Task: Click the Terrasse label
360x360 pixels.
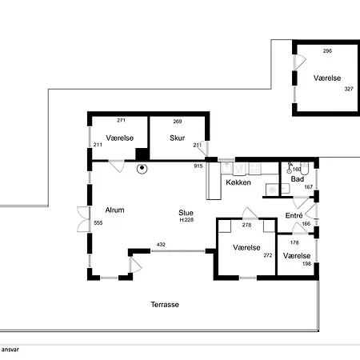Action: coord(165,305)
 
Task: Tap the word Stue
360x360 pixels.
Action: coord(186,213)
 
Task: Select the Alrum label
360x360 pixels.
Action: coord(114,210)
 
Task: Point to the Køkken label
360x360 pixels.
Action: coord(238,182)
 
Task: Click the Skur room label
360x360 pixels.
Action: coord(177,138)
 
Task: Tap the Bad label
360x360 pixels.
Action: coord(298,179)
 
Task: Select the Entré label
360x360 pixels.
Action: coord(294,215)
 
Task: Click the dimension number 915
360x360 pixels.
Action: coord(198,166)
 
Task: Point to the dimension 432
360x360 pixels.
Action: coord(161,244)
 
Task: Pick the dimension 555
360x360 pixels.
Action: coord(98,222)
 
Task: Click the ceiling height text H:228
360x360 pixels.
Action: coord(186,220)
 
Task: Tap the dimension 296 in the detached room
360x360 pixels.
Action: coord(327,51)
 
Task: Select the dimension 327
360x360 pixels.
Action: coord(349,89)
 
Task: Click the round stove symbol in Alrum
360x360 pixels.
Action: coord(142,168)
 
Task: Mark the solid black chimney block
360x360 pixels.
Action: coord(142,154)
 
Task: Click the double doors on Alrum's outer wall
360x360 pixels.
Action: coord(83,219)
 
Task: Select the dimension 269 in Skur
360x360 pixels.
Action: coord(178,122)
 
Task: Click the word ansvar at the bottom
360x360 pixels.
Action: coord(10,350)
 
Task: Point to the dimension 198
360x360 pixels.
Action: coord(306,264)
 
